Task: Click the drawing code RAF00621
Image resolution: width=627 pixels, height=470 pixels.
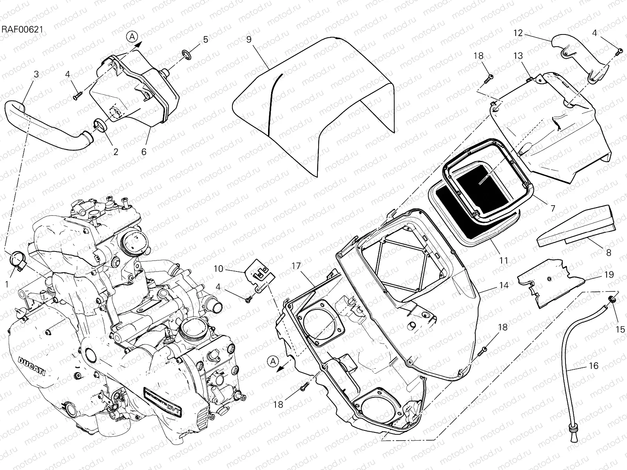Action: pyautogui.click(x=22, y=29)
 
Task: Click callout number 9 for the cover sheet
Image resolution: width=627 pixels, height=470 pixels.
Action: pyautogui.click(x=248, y=39)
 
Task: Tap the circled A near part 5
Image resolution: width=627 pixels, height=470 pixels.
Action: pyautogui.click(x=132, y=37)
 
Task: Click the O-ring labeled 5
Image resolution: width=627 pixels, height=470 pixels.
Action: pyautogui.click(x=187, y=54)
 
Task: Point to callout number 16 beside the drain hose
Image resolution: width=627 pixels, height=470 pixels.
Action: pyautogui.click(x=594, y=366)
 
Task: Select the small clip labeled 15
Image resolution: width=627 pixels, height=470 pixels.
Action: pyautogui.click(x=611, y=300)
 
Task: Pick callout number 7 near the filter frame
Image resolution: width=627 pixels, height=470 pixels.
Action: pyautogui.click(x=553, y=209)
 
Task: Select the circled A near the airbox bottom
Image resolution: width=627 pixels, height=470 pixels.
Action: pyautogui.click(x=274, y=361)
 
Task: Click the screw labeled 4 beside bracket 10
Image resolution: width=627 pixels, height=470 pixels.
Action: pyautogui.click(x=248, y=300)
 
